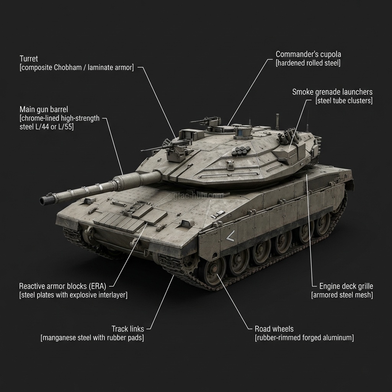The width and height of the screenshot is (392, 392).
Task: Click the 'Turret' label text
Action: pyautogui.click(x=29, y=59)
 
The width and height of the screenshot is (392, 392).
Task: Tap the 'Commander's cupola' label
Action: pyautogui.click(x=308, y=54)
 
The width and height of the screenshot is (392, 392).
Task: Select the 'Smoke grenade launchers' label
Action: pyautogui.click(x=332, y=92)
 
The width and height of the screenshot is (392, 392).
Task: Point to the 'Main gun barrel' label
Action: pyautogui.click(x=44, y=109)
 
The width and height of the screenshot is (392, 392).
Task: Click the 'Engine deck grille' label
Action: pyautogui.click(x=346, y=286)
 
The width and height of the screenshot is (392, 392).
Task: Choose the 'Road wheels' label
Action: pyautogui.click(x=274, y=329)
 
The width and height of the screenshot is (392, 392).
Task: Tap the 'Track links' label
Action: pyautogui.click(x=128, y=329)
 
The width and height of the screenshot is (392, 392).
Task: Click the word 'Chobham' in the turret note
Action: pyautogui.click(x=68, y=67)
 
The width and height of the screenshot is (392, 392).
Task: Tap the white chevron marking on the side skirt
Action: pyautogui.click(x=230, y=236)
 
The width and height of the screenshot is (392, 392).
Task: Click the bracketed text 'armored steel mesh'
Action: pyautogui.click(x=342, y=295)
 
